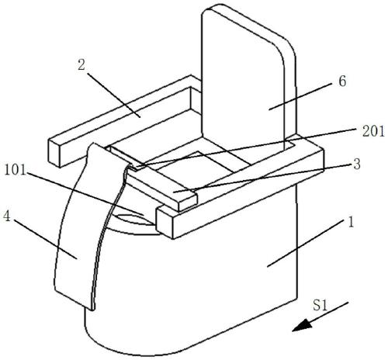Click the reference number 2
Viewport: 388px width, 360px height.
(81, 65)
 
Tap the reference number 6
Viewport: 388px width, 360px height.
(342, 81)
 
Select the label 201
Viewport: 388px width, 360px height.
(373, 131)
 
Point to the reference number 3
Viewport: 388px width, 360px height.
(357, 164)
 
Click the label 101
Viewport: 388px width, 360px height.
(16, 171)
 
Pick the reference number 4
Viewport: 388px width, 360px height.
(7, 216)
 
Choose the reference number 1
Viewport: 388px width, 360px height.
(351, 222)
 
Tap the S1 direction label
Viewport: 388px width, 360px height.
(320, 305)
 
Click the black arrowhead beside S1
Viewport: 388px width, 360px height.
(301, 326)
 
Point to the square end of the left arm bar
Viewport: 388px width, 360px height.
(55, 153)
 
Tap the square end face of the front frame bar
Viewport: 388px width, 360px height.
(165, 222)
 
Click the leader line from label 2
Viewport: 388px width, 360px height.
(114, 95)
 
